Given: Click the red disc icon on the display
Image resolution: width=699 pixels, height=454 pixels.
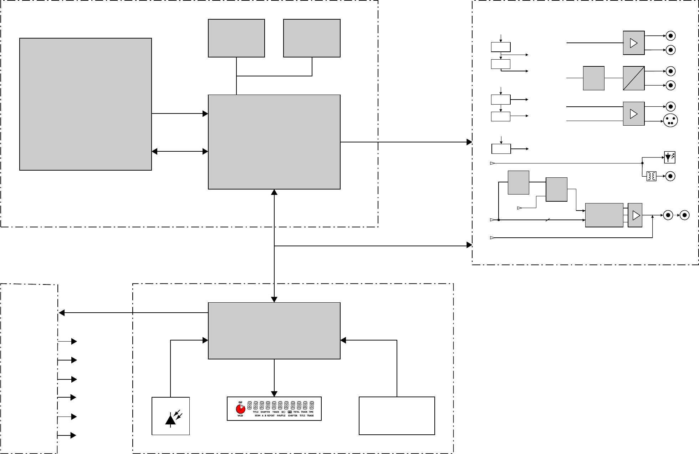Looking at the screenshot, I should [x=240, y=409].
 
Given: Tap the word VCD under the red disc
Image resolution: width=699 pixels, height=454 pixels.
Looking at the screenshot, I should [x=240, y=415].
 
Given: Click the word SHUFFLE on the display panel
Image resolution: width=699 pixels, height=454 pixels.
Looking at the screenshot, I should [x=281, y=415].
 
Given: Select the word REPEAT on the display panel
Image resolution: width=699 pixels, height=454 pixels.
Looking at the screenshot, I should [x=271, y=415].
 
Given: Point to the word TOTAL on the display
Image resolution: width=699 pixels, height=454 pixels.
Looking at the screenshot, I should [x=296, y=412].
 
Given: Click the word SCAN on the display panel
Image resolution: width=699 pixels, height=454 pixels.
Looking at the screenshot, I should [x=257, y=415].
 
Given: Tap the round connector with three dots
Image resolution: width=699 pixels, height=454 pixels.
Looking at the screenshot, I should [x=670, y=120].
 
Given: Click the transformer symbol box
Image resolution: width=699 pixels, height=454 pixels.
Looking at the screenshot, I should [x=651, y=176].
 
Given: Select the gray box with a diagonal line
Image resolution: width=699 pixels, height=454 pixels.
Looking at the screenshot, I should [x=634, y=78].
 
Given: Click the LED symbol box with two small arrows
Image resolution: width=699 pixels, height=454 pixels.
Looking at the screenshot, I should [x=670, y=157].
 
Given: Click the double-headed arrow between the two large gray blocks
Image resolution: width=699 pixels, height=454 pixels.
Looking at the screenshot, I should [x=180, y=151].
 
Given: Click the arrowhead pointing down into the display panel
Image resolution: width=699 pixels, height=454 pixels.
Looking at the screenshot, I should [x=274, y=394].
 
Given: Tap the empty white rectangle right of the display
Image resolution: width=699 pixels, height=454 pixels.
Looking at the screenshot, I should [x=397, y=416].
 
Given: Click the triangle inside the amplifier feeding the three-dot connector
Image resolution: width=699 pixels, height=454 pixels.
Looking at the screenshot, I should [x=634, y=114].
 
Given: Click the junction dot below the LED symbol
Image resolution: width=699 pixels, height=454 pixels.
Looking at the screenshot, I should [x=642, y=163].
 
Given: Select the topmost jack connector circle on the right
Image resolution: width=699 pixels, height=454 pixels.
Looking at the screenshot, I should [x=670, y=36].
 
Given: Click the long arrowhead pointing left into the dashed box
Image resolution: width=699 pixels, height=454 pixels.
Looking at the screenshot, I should [x=62, y=313].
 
